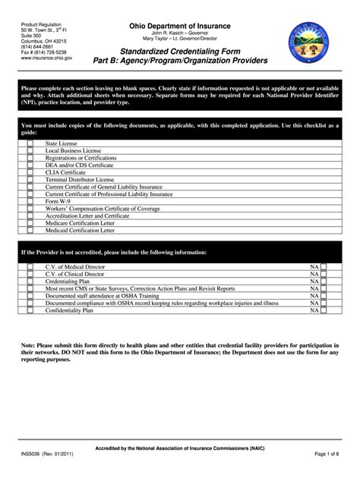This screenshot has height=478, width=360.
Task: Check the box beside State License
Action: click(30, 143)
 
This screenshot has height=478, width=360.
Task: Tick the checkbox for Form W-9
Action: click(30, 200)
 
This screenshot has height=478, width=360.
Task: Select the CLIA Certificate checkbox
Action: click(30, 171)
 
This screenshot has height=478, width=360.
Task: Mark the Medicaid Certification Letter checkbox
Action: click(30, 229)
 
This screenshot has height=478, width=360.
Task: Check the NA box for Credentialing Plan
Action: click(324, 281)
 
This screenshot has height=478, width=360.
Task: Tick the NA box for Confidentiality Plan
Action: click(324, 310)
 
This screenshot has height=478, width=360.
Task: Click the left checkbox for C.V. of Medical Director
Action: click(30, 267)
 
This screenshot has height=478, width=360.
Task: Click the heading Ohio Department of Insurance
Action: click(179, 26)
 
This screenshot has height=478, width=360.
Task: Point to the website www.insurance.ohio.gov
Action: click(47, 58)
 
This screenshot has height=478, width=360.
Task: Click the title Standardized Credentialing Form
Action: click(179, 49)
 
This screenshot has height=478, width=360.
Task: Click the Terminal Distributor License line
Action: click(79, 179)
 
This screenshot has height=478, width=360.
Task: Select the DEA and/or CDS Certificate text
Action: click(79, 165)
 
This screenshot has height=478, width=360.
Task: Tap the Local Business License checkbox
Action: click(30, 150)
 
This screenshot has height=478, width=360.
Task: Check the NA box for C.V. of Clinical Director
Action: click(324, 274)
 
